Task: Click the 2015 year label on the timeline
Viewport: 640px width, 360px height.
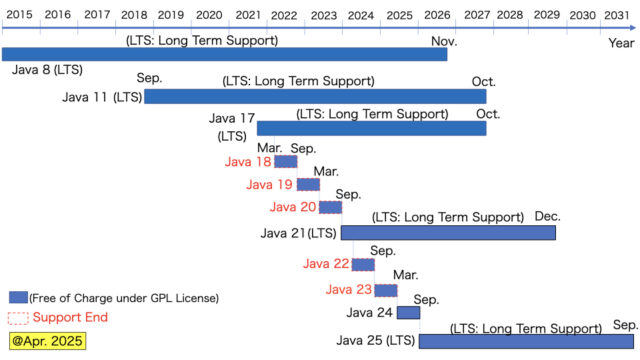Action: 17,15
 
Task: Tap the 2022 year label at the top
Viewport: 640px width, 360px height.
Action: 283,15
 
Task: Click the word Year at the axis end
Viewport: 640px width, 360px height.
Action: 621,43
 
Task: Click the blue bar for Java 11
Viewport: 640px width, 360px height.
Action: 315,96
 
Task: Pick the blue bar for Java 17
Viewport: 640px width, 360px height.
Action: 371,128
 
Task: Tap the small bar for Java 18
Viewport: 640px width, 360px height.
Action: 285,162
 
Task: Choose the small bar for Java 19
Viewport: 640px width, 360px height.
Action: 308,184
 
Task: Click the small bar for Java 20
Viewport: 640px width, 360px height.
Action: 330,207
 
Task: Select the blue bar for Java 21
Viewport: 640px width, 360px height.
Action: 448,232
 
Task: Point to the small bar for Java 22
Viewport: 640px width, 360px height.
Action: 363,264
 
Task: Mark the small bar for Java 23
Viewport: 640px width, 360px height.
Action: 386,290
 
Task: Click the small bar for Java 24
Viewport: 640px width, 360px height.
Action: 408,313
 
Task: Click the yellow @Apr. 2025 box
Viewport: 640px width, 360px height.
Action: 47,341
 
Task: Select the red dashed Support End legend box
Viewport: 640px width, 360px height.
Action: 17,317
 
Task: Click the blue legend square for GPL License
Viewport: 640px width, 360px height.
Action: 17,297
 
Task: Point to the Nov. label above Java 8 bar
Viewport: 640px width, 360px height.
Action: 444,41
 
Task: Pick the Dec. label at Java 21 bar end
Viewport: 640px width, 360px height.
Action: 547,216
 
